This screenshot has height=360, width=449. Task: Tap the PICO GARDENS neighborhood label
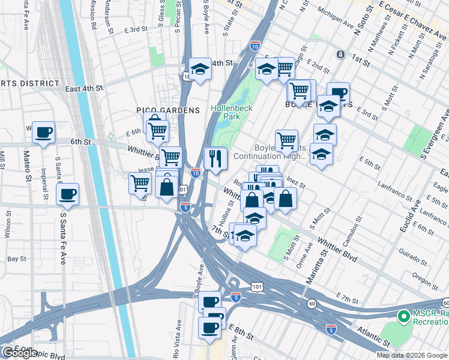pos(159,110)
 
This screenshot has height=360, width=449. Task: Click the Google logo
pos(19,353)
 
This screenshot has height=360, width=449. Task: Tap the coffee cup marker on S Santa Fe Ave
pos(67,194)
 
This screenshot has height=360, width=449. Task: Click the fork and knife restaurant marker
pos(214,158)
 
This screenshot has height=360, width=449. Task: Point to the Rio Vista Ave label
pos(178,335)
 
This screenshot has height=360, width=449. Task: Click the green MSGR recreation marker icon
pos(403,315)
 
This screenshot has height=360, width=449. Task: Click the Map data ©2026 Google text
pos(411,355)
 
